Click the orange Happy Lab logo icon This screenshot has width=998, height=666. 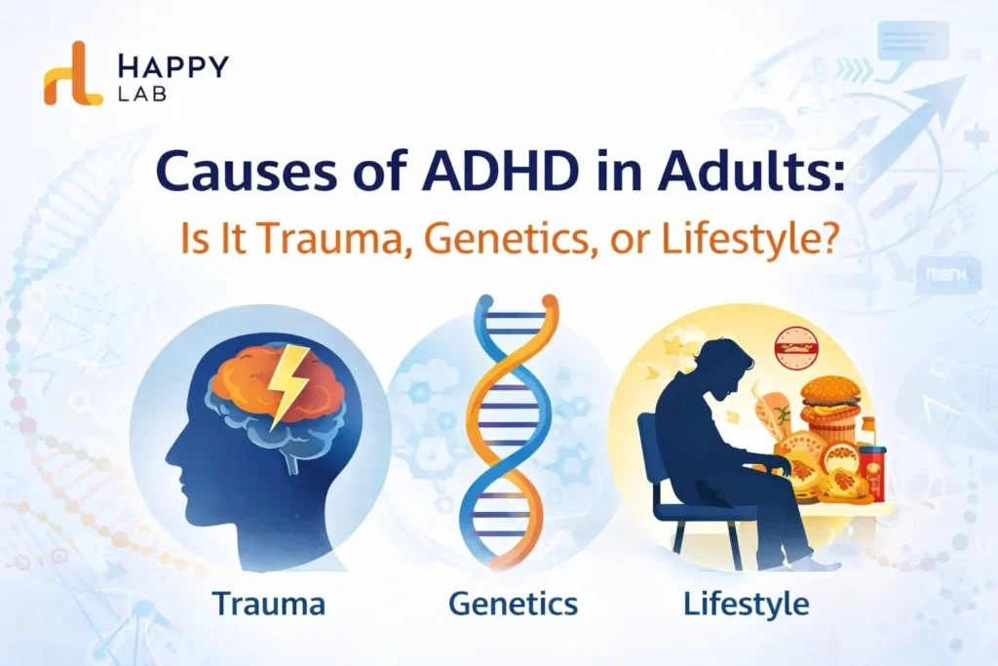coord(72,73)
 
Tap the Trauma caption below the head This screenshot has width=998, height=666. coord(269,604)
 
